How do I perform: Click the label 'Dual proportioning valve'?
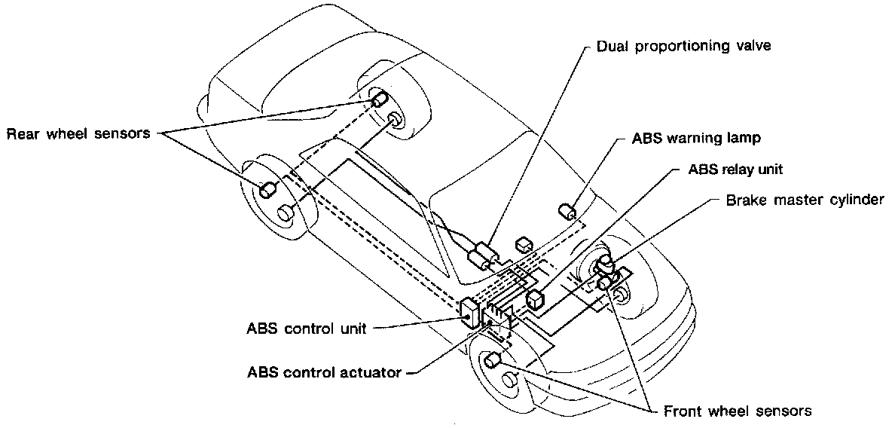point(683,45)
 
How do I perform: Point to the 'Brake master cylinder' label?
point(805,200)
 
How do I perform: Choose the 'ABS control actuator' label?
point(324,373)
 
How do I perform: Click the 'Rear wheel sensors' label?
point(78,134)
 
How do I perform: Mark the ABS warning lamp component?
point(568,211)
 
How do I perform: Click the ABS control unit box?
point(471,314)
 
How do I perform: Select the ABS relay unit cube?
point(536,299)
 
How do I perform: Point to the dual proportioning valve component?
point(482,256)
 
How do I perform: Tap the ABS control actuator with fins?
point(498,318)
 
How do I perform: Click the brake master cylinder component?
point(605,272)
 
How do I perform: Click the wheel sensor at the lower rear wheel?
point(267,190)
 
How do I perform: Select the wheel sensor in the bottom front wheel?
point(493,359)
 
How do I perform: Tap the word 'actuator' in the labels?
point(372,373)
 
